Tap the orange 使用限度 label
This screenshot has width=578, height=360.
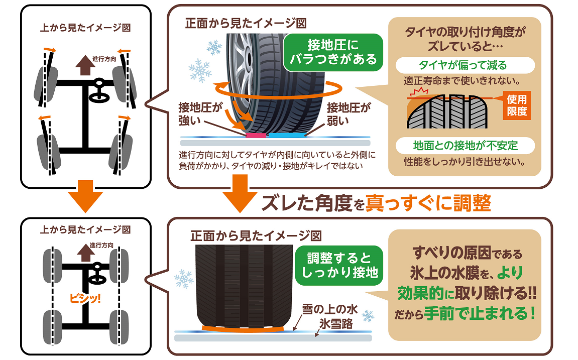[x=517, y=105]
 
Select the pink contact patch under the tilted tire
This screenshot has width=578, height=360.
[x=256, y=135]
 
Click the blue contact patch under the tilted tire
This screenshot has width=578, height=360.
[x=286, y=135]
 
